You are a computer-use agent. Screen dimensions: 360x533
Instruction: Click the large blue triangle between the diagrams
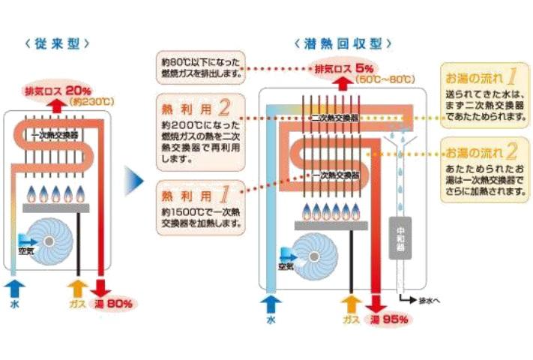tap(133, 181)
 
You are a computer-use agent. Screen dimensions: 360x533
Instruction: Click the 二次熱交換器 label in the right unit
tap(330, 118)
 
